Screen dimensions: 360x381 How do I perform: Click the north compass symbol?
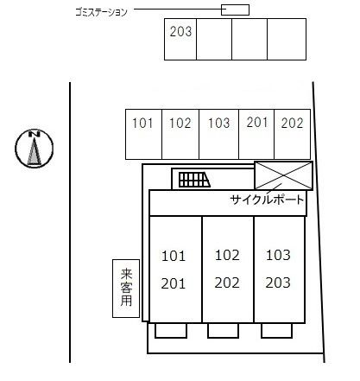coord(35,148)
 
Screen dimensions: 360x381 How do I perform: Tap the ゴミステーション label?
coord(101,12)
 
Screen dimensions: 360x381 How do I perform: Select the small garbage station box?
coord(235,10)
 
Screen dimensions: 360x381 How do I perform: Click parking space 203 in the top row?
coord(180,39)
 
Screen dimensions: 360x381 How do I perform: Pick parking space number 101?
coord(143,134)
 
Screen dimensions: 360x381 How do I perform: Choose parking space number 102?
coord(180,134)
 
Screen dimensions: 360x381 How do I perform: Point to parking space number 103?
coord(218,134)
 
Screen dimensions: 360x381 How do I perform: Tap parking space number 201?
coord(256,134)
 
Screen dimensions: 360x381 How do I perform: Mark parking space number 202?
coord(293,134)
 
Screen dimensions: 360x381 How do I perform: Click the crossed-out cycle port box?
coord(283,175)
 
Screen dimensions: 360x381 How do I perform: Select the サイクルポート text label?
coord(267,200)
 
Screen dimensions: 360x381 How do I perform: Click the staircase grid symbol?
coord(194,180)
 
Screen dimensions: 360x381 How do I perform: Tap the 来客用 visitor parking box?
coord(126,289)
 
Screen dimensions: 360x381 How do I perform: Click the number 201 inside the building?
coord(174,283)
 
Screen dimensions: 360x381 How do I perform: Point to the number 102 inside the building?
coord(227,255)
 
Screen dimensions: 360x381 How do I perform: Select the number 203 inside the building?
coord(278,283)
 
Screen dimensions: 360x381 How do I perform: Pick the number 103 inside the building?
coord(278,255)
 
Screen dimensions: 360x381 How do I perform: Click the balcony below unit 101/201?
coord(171,331)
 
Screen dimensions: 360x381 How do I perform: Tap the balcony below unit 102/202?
coord(223,331)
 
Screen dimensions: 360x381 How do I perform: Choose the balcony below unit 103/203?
coord(276,331)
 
